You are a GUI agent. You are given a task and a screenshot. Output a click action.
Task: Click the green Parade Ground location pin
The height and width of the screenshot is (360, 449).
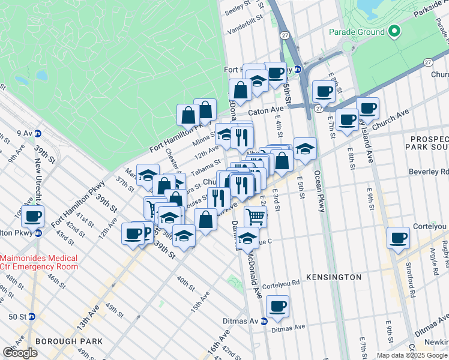point(394,31)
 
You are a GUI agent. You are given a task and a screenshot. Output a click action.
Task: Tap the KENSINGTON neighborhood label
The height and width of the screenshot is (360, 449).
point(334,277)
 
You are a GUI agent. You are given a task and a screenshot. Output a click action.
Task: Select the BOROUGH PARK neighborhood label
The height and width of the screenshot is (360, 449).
point(68,341)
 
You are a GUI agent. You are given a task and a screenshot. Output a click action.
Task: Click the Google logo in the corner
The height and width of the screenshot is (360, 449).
point(20,353)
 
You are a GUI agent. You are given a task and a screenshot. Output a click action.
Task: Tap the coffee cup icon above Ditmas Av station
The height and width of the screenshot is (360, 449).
point(277,307)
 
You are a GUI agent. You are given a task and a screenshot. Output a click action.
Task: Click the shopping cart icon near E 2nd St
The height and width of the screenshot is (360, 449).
point(255,216)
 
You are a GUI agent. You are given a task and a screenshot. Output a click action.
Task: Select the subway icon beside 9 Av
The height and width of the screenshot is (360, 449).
point(38,133)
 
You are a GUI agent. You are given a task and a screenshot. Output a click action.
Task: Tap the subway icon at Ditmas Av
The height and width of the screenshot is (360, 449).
point(264,321)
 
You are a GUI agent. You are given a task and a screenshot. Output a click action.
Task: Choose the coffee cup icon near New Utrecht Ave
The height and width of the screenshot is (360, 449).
point(33,216)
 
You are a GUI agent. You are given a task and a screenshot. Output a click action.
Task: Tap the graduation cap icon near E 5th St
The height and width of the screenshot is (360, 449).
point(305,148)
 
